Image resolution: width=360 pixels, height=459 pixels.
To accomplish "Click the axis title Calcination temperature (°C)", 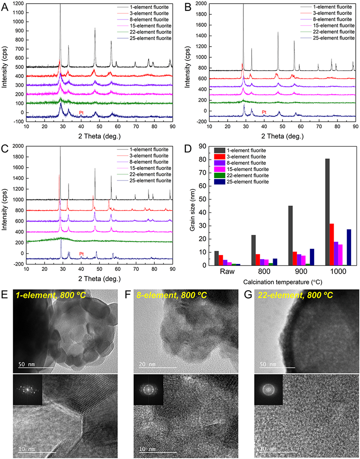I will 274,282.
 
